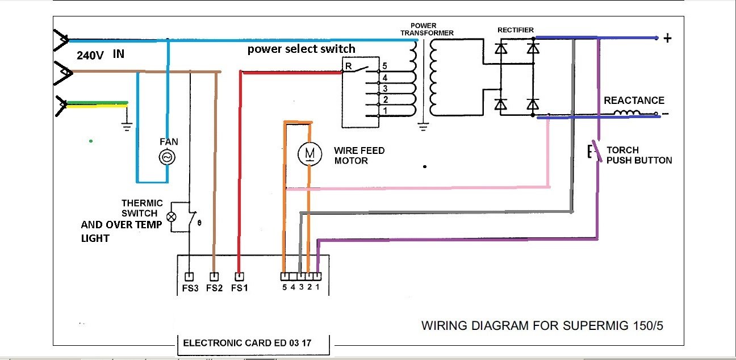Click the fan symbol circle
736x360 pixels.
pyautogui.click(x=168, y=157)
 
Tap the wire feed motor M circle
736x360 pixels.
pyautogui.click(x=309, y=153)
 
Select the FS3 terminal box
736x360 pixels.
pyautogui.click(x=190, y=277)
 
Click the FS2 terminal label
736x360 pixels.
pyautogui.click(x=214, y=288)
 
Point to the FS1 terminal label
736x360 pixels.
pyautogui.click(x=240, y=288)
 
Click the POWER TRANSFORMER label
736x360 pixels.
pyautogui.click(x=427, y=30)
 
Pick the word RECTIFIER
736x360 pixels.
pyautogui.click(x=515, y=30)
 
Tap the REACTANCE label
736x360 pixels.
pyautogui.click(x=634, y=101)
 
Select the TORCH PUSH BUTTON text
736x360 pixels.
pyautogui.click(x=639, y=155)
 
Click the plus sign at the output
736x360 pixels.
pyautogui.click(x=668, y=39)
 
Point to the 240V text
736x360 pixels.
pyautogui.click(x=90, y=56)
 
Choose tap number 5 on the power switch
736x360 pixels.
pyautogui.click(x=384, y=66)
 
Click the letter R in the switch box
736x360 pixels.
pyautogui.click(x=348, y=66)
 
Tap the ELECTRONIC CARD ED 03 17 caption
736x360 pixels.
pyautogui.click(x=247, y=343)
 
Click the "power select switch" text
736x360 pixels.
pyautogui.click(x=301, y=49)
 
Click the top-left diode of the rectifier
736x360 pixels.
pyautogui.click(x=500, y=49)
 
